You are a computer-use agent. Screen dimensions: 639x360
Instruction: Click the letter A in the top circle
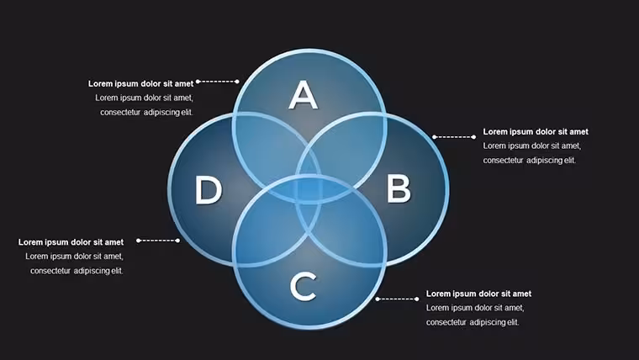pyautogui.click(x=304, y=94)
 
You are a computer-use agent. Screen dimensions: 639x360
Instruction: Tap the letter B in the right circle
pyautogui.click(x=399, y=188)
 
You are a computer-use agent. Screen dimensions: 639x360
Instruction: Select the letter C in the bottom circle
pyautogui.click(x=304, y=287)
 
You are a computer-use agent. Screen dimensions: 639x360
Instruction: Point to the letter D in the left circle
pyautogui.click(x=209, y=189)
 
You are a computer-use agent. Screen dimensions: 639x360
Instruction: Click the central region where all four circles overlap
pyautogui.click(x=309, y=188)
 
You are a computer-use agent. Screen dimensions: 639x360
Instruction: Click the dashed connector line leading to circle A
pyautogui.click(x=217, y=82)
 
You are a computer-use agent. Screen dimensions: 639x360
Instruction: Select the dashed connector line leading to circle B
pyautogui.click(x=454, y=137)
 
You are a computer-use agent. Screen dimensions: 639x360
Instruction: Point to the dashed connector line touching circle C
pyautogui.click(x=397, y=299)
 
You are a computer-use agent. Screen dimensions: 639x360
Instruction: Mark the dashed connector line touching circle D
pyautogui.click(x=158, y=241)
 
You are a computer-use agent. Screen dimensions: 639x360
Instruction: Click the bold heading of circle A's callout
pyautogui.click(x=140, y=83)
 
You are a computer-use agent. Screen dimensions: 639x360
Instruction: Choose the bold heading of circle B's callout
pyautogui.click(x=536, y=132)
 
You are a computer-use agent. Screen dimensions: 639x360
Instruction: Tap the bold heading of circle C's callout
pyautogui.click(x=478, y=294)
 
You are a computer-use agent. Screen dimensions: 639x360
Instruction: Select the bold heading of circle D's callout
pyautogui.click(x=71, y=242)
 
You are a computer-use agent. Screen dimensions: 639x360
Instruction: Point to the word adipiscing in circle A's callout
pyautogui.click(x=161, y=113)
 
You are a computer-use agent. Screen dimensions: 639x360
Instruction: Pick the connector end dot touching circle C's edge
pyautogui.click(x=378, y=299)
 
